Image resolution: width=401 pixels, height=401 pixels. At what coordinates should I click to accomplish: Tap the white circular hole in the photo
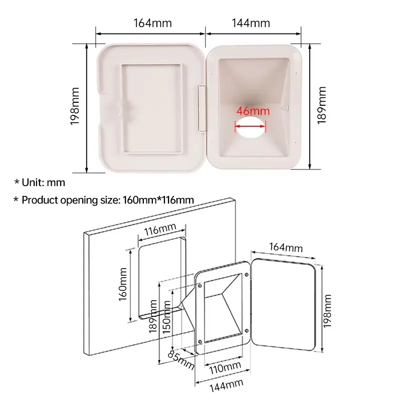click(x=251, y=128)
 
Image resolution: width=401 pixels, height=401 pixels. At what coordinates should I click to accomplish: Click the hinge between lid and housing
click(x=202, y=108)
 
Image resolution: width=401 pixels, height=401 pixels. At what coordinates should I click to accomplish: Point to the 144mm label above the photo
click(x=251, y=23)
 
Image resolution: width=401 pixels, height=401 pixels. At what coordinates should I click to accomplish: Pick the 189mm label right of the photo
click(x=322, y=105)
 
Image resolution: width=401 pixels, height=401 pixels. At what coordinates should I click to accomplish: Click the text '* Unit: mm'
click(x=40, y=183)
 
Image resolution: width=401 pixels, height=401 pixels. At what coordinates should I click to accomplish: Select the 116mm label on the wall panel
click(x=159, y=231)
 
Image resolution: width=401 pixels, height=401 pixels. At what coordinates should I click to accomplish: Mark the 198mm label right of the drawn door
click(x=327, y=311)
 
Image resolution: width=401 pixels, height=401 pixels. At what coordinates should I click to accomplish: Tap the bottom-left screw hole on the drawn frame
click(x=200, y=342)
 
